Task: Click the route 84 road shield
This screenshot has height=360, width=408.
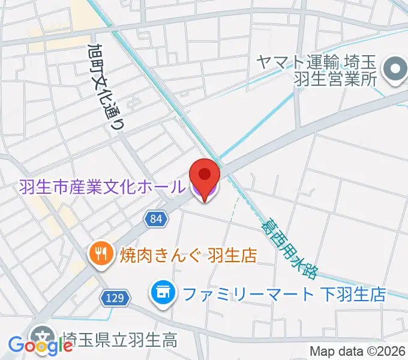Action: point(155,220)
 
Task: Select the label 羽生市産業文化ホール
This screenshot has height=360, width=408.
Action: point(101,188)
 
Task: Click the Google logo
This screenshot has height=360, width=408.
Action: point(40,346)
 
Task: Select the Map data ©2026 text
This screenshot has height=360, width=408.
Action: point(358,352)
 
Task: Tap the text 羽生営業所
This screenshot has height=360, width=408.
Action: point(334,79)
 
